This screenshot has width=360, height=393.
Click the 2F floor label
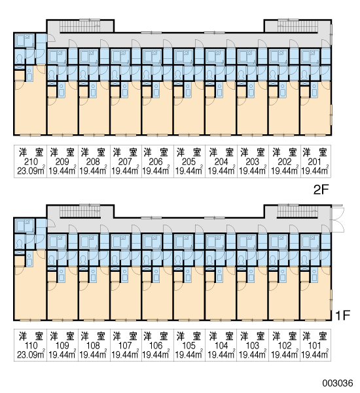pyautogui.click(x=321, y=190)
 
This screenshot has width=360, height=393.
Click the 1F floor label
pyautogui.click(x=342, y=315)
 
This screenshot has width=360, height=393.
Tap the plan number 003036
pyautogui.click(x=338, y=383)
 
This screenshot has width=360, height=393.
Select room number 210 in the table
pyautogui.click(x=31, y=162)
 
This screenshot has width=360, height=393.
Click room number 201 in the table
pyautogui.click(x=314, y=162)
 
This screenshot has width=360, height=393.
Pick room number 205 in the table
pyautogui.click(x=189, y=162)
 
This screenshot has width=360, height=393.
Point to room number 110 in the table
pyautogui.click(x=31, y=346)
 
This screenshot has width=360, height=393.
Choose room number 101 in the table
pyautogui.click(x=314, y=346)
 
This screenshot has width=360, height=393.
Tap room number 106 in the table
pyautogui.click(x=156, y=346)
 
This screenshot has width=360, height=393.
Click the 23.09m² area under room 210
pyautogui.click(x=31, y=170)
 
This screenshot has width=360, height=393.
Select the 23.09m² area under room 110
pyautogui.click(x=31, y=354)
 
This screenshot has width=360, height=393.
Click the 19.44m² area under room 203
pyautogui.click(x=253, y=170)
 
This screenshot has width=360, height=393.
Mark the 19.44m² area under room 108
pyautogui.click(x=93, y=354)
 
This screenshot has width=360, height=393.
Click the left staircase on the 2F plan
pyautogui.click(x=80, y=26)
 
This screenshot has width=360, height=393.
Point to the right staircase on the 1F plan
pyautogui.click(x=297, y=212)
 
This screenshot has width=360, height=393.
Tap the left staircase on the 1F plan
pyautogui.click(x=80, y=212)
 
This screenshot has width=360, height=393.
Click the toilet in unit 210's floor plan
pyautogui.click(x=19, y=58)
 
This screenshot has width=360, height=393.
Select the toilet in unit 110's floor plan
pyautogui.click(x=19, y=244)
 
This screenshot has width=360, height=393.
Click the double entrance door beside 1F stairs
pyautogui.click(x=337, y=219)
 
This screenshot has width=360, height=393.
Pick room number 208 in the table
pyautogui.click(x=93, y=162)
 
